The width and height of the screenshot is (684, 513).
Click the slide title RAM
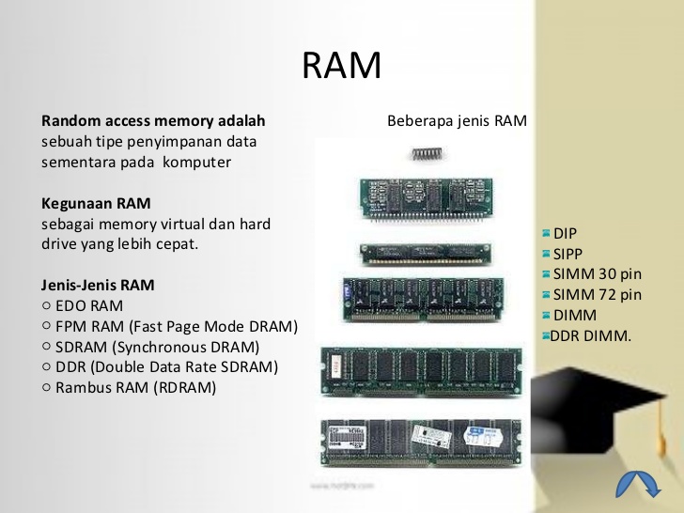coord(341,66)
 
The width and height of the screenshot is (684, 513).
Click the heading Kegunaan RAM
coord(96,203)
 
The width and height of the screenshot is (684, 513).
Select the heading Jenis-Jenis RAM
coord(99,285)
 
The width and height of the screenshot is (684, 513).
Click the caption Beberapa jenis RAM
coord(457,121)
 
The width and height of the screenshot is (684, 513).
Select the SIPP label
coord(568,254)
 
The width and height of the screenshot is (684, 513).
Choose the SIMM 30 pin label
coord(598,274)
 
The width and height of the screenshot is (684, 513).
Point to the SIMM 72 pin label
coord(598,295)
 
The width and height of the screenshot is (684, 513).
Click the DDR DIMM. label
coord(591,335)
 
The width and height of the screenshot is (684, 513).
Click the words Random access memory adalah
coord(153,121)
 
